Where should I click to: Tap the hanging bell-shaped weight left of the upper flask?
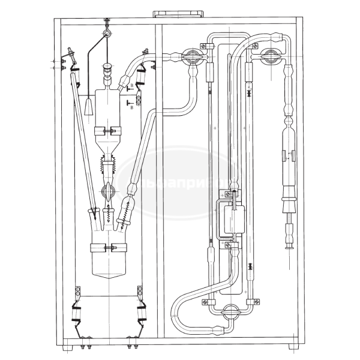coord(88,107)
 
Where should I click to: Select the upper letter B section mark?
coord(131,86)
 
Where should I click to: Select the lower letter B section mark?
coord(131,109)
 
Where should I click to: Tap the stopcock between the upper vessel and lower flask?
coord(109,191)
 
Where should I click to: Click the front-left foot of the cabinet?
coord(67,347)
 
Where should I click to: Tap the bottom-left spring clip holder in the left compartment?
coord(77,314)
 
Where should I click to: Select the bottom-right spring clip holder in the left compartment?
coord(142,314)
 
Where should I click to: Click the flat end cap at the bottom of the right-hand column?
coord(289,245)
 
